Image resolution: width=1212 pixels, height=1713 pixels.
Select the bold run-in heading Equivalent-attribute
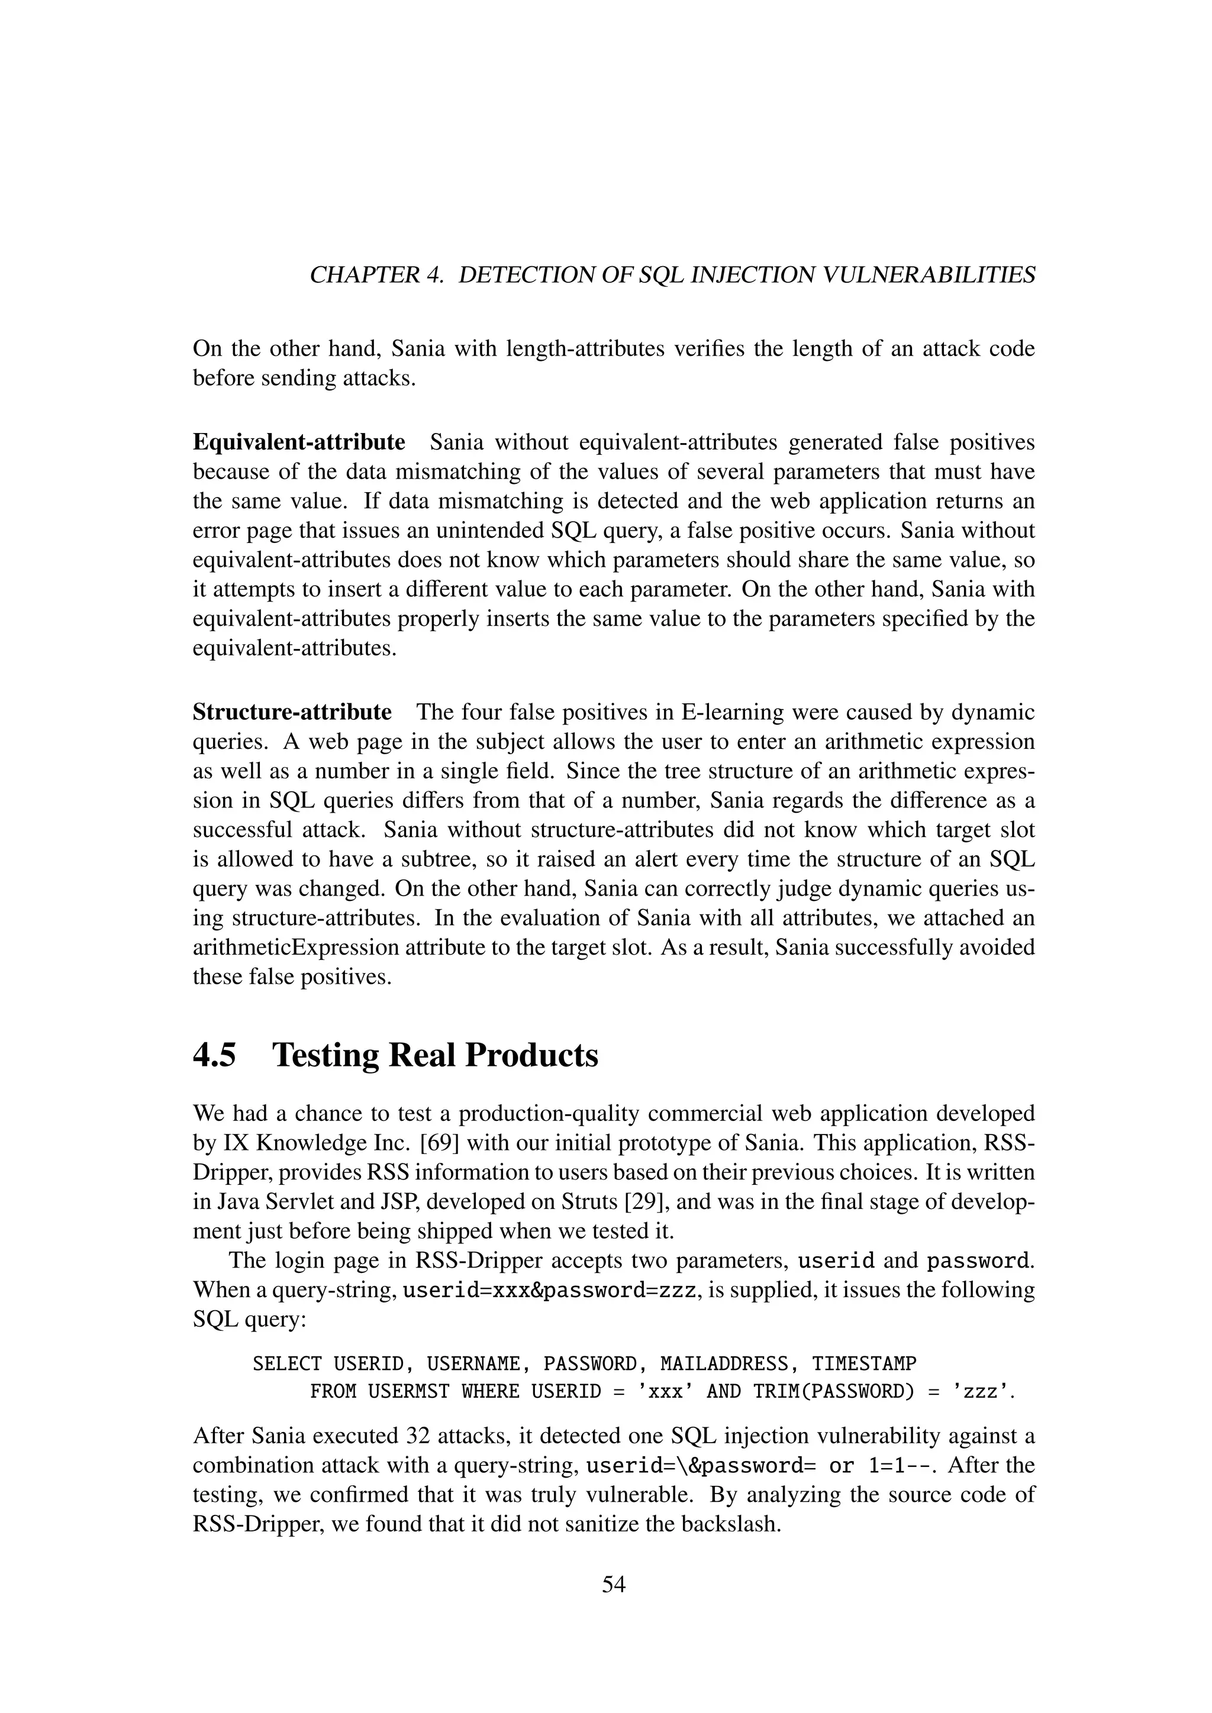[x=298, y=442]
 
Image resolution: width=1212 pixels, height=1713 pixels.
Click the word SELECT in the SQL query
[x=286, y=1364]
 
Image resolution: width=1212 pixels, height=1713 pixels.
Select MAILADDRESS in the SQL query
[x=720, y=1364]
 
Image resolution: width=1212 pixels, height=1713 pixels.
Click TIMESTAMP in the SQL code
[x=863, y=1364]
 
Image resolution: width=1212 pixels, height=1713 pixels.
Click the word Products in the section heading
[x=531, y=1056]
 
